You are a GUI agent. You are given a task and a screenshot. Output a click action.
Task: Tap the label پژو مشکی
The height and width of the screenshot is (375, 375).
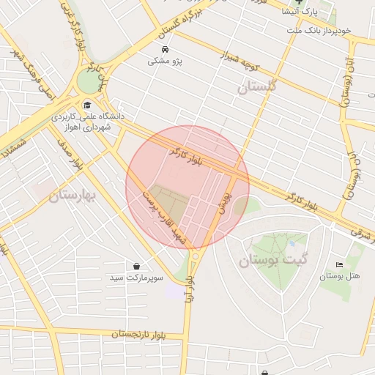click(x=165, y=62)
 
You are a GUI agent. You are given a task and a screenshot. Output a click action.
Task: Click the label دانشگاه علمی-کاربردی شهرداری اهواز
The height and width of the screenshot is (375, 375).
click(x=88, y=122)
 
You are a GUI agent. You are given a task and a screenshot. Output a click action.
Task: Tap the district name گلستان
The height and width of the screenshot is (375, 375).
click(x=259, y=86)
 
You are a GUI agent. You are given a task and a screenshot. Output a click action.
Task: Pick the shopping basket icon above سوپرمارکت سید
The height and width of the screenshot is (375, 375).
click(x=137, y=265)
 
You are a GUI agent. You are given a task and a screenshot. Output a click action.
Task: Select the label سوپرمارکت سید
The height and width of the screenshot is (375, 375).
click(x=138, y=278)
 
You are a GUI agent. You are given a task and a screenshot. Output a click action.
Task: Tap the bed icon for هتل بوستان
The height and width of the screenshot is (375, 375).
click(x=338, y=264)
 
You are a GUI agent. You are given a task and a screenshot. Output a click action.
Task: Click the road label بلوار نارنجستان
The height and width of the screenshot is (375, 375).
click(x=150, y=334)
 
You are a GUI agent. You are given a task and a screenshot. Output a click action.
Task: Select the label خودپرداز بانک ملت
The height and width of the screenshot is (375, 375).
click(x=319, y=30)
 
